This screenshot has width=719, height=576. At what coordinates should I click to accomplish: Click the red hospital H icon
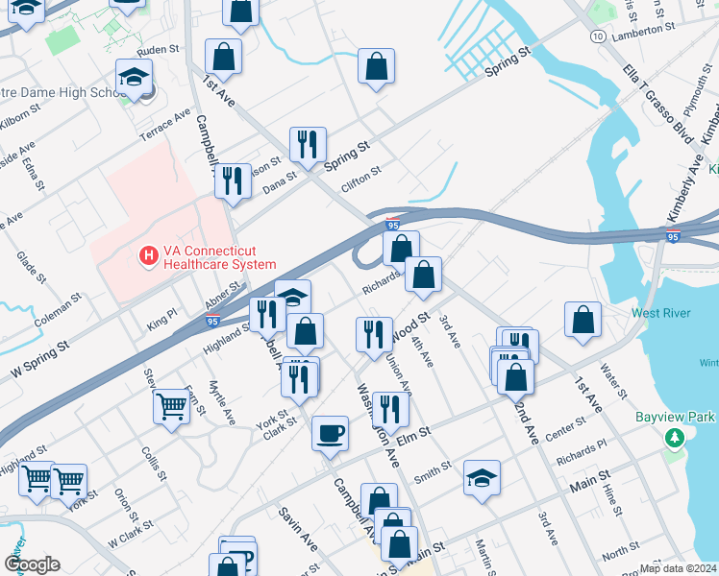(149, 256)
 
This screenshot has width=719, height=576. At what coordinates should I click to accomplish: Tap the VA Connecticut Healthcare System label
(220, 257)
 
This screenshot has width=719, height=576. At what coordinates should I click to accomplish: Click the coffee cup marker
(331, 433)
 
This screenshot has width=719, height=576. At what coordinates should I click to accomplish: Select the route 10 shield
(598, 36)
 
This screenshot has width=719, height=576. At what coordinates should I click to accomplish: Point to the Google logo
(32, 564)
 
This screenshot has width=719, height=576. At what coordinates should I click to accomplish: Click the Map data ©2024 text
(678, 568)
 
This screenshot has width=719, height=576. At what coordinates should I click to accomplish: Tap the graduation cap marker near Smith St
(482, 478)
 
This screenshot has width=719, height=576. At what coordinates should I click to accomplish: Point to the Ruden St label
(159, 48)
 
